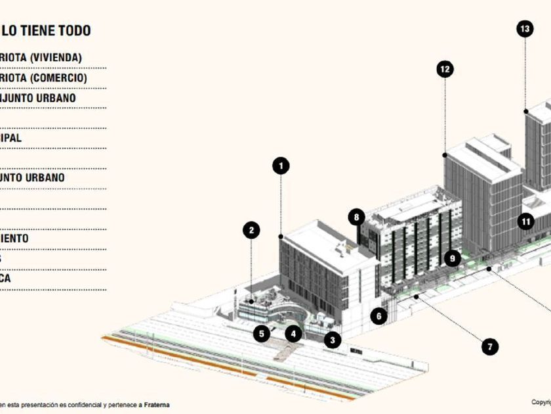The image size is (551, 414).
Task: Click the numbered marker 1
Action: coord(281,166)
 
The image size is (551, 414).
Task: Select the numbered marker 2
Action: coord(251,230)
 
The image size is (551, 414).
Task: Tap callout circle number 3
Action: coord(333,340)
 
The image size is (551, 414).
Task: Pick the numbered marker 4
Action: coord(295,333)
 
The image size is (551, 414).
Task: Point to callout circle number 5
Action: coord(262,333)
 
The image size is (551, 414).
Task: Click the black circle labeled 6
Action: coord(378,316)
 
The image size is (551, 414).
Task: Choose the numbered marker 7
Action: coord(489,346)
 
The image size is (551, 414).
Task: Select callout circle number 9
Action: coord(451,258)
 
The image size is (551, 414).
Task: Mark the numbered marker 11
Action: coord(526,221)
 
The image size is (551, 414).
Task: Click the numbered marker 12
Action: coord(445,69)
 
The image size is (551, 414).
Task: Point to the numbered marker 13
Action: coord(524,28)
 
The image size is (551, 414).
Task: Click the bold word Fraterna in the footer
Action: coord(157,405)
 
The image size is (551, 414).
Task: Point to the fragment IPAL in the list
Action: coord(11,138)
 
